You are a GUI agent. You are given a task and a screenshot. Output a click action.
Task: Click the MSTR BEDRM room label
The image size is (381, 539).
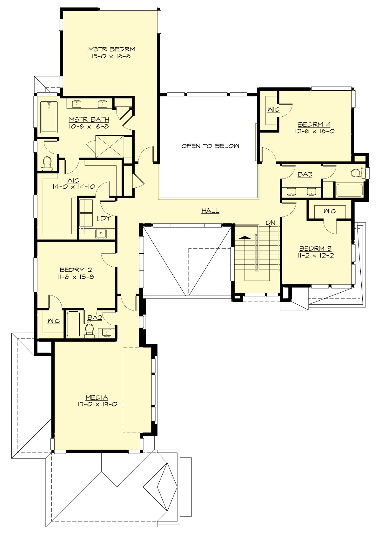point(111,49)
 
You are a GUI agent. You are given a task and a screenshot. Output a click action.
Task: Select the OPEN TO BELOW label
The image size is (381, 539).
point(210,146)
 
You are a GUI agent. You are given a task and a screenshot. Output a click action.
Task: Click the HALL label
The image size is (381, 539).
point(210,211)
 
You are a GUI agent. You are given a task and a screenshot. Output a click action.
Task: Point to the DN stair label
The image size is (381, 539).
point(270,223)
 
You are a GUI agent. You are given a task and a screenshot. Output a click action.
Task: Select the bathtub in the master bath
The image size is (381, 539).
point(49,117)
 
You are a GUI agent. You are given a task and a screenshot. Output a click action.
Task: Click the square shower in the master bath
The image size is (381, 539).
point(110,146)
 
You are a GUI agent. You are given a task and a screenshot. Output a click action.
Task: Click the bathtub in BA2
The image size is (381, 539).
point(73,324)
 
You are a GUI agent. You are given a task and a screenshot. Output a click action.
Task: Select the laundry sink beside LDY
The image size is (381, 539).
point(101,233)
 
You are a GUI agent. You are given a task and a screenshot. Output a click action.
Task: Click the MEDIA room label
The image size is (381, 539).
point(97,397)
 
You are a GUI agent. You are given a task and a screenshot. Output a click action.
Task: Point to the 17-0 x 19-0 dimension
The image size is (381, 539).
point(97,404)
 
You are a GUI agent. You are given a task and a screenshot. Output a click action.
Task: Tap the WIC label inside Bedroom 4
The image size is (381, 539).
point(273,110)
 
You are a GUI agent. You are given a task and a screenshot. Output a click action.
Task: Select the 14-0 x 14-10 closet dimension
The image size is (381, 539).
point(74,186)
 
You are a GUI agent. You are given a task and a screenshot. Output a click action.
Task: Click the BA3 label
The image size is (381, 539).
point(305,174)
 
